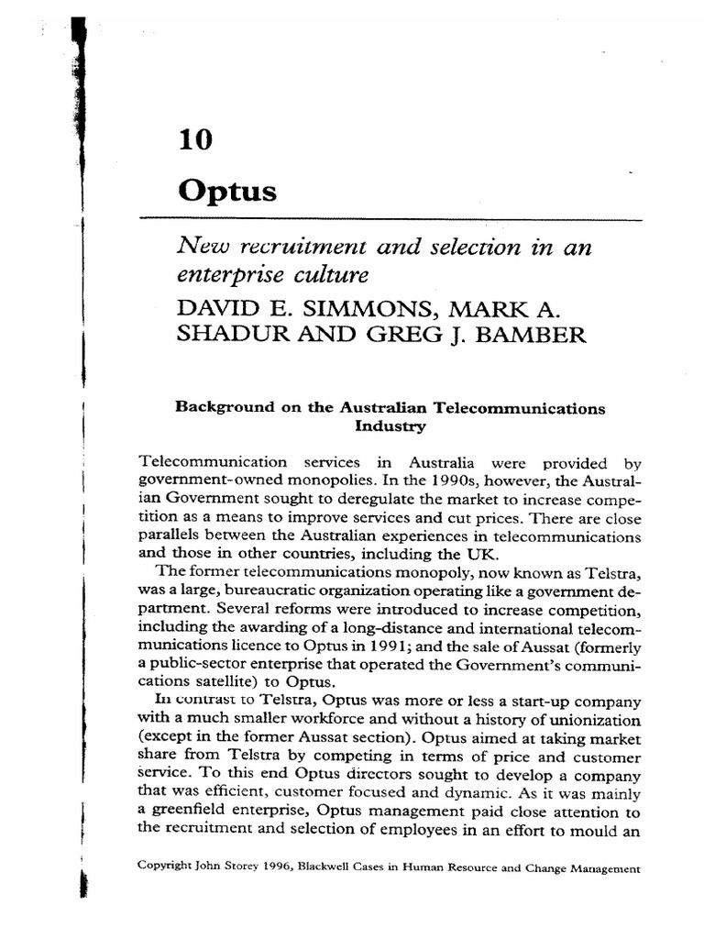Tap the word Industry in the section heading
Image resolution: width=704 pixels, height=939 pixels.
pos(390,426)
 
